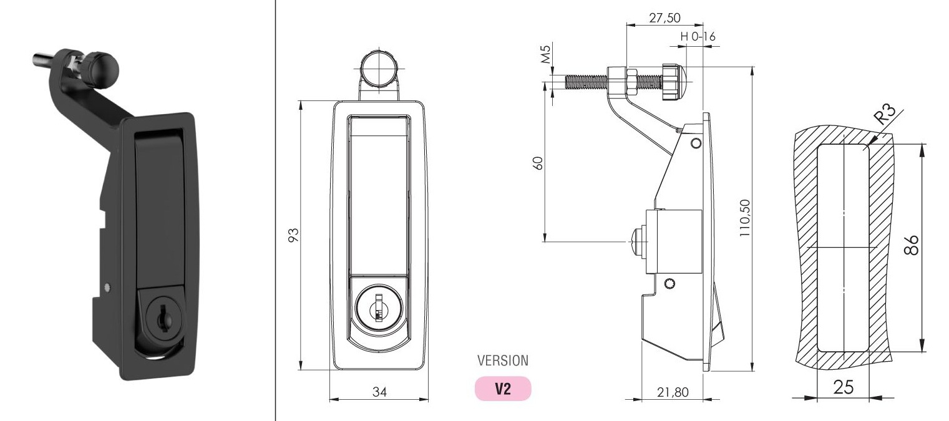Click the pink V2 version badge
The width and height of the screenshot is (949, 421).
coord(502,389)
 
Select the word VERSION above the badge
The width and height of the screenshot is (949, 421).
coord(502,361)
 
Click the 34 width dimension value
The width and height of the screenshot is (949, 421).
coord(379,392)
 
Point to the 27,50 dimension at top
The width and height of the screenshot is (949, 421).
coord(664,17)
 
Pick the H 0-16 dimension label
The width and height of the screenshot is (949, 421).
coord(698,37)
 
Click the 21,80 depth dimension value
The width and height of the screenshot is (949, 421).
coord(673,392)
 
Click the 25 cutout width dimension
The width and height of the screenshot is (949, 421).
coord(842,388)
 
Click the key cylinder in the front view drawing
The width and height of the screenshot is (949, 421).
coord(379,307)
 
